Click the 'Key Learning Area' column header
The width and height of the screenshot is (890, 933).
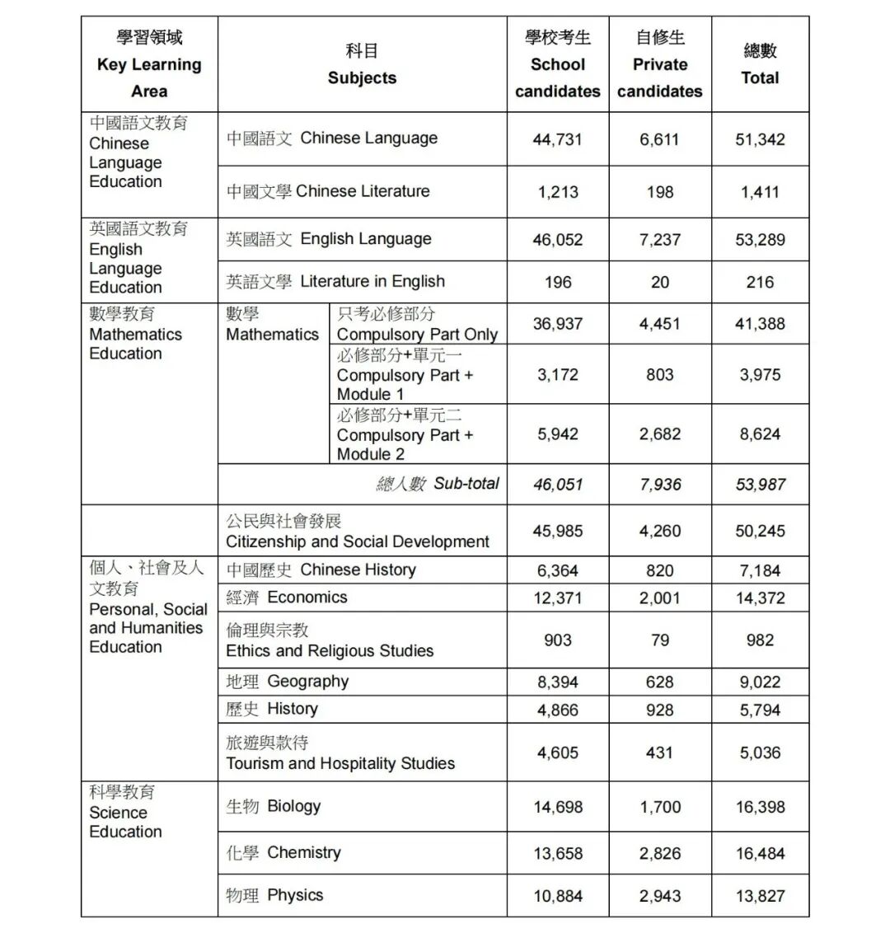coord(149,64)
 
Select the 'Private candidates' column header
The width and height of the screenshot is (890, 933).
coord(659,64)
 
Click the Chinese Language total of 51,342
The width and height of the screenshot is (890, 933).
coord(760,139)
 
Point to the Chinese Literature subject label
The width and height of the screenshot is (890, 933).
coord(328,191)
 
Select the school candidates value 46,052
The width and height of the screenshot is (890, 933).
coord(557,240)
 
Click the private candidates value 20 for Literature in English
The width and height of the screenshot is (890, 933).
coord(659,282)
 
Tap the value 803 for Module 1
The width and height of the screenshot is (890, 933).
coord(659,375)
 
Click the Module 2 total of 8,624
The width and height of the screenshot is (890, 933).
coord(760,434)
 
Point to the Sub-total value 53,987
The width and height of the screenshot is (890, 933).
coord(760,485)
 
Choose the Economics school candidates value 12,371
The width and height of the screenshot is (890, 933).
coord(557,598)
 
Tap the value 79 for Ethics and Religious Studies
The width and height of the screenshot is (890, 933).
coord(659,640)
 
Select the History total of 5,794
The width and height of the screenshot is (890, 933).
coord(760,710)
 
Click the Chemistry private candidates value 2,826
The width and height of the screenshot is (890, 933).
coord(659,854)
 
